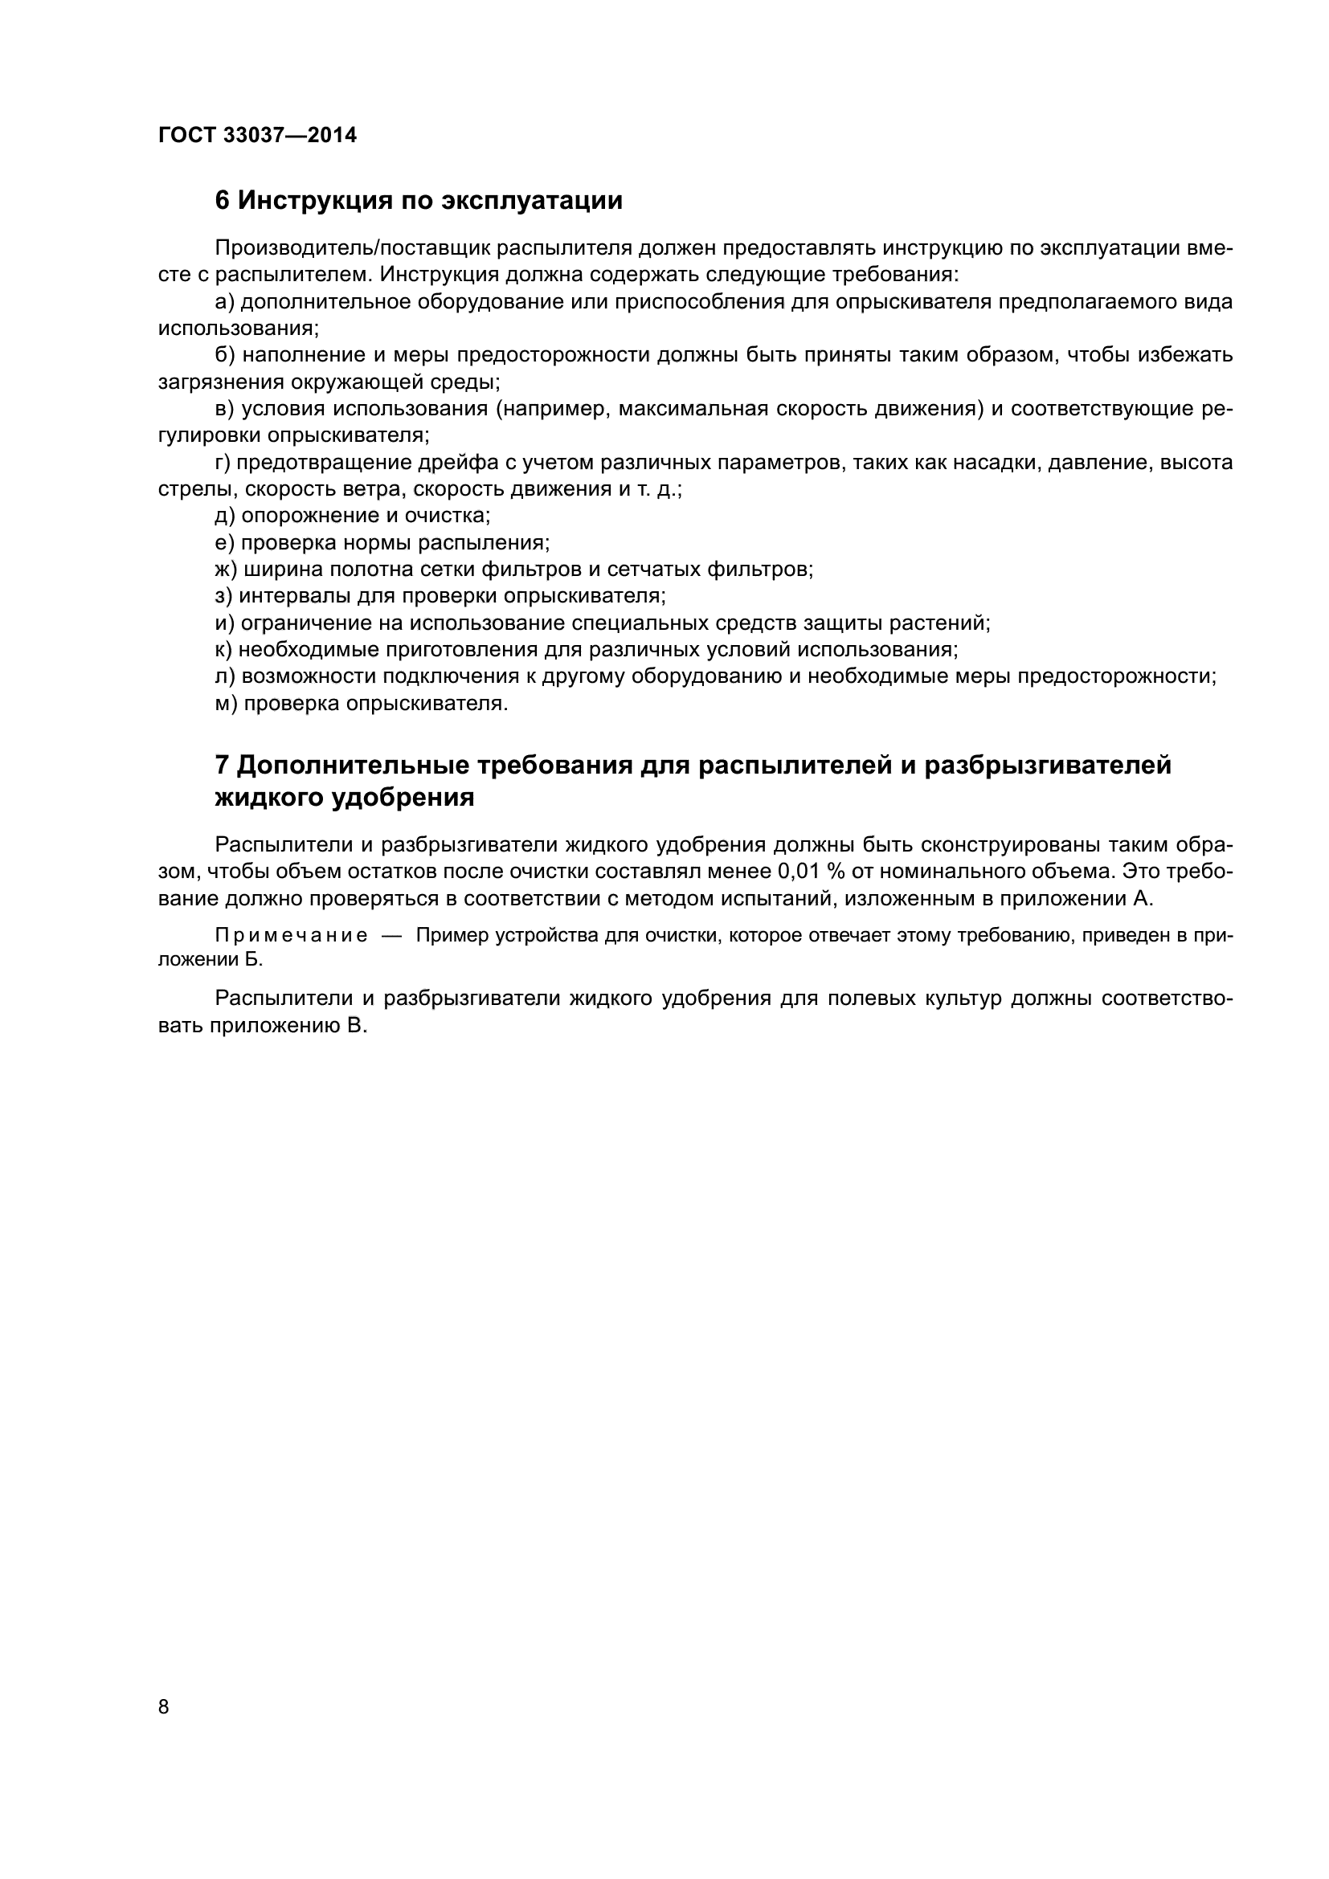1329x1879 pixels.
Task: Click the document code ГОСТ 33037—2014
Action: click(x=257, y=135)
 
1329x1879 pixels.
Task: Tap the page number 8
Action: click(x=164, y=1707)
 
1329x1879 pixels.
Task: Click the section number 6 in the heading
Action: click(x=222, y=201)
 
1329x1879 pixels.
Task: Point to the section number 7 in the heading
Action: click(x=222, y=766)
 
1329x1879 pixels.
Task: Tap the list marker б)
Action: click(x=225, y=355)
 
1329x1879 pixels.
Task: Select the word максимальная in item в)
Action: click(x=693, y=409)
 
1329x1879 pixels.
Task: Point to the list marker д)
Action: click(x=225, y=517)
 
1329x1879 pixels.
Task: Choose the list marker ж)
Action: click(x=227, y=570)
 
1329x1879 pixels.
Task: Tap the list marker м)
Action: click(x=226, y=704)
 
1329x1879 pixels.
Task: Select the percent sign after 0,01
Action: click(x=836, y=871)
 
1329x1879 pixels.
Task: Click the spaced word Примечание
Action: click(x=291, y=935)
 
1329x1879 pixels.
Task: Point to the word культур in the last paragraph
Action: click(x=955, y=999)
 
